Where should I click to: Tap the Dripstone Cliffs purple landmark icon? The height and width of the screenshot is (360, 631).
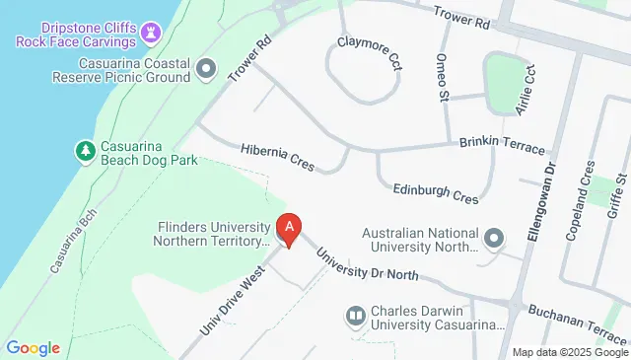pos(150,33)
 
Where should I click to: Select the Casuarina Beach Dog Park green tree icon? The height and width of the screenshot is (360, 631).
pos(86,151)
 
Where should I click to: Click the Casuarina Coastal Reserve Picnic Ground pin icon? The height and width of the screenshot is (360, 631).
pos(206,68)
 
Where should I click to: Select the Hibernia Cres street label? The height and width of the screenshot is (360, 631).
pos(277,157)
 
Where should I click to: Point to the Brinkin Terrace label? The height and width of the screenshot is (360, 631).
pos(502,144)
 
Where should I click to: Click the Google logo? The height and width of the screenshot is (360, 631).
pos(33,348)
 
